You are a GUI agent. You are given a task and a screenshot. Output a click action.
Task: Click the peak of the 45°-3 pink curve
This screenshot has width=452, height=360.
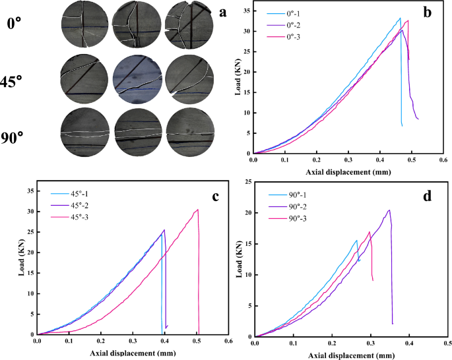tap(197, 210)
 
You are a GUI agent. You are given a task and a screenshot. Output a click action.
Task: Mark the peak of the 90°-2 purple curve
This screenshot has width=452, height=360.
tap(389, 210)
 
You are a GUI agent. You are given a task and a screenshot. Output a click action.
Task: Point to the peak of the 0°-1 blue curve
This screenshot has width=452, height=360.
tap(400, 18)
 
